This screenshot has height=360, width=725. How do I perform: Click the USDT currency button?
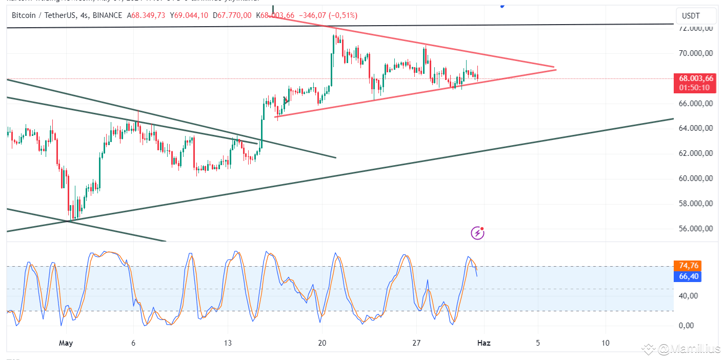[695, 16]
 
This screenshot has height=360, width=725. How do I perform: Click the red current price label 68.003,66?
[695, 78]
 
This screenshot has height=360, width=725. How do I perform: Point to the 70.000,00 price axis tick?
[695, 53]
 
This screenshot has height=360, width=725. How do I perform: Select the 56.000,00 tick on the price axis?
[695, 229]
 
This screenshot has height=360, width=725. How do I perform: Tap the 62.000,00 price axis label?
[695, 154]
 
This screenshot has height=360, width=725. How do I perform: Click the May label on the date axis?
[66, 343]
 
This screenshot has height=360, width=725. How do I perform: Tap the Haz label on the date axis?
[484, 343]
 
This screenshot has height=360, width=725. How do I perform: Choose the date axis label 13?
[228, 343]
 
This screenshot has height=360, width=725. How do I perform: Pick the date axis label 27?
[416, 343]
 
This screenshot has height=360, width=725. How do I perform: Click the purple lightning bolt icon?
[477, 233]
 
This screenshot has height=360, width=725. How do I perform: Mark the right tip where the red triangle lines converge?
[555, 68]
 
